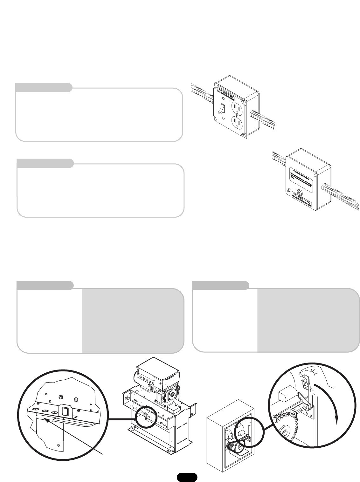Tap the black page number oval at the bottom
[187, 477]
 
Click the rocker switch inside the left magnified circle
[66, 411]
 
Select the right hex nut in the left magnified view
[76, 399]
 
